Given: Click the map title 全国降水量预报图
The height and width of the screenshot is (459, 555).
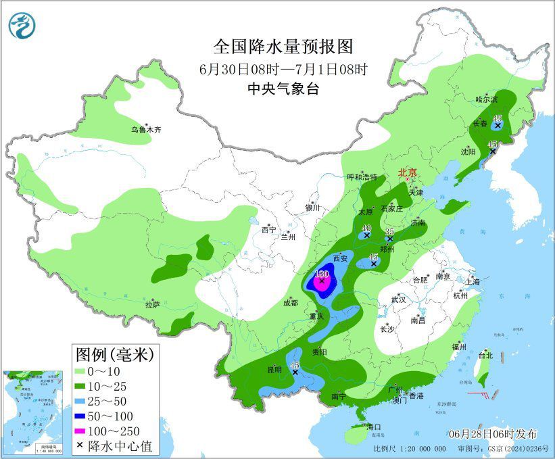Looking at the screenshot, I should point(283,46).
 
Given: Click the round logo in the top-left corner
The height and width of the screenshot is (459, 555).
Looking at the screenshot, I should point(21,25).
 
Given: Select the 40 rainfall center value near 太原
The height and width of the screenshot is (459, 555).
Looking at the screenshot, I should point(366,228).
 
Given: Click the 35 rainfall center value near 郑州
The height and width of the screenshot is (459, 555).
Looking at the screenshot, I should point(389,231).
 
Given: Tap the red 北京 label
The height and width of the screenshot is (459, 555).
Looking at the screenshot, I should point(408,172).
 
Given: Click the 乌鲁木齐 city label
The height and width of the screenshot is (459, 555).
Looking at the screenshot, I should point(146,129).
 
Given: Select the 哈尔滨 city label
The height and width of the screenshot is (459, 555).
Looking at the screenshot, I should point(485,99).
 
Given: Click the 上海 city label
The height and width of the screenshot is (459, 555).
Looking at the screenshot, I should point(473,281).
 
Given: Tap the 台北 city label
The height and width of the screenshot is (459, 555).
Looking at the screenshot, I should point(485,355).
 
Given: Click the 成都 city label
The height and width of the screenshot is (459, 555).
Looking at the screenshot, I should point(290,303).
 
